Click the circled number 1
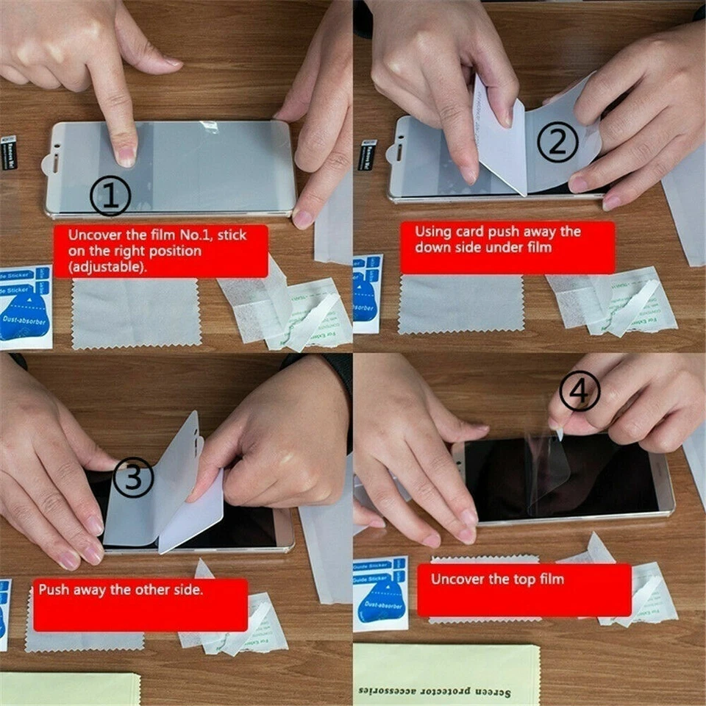click(x=110, y=196)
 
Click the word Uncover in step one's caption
click(x=92, y=236)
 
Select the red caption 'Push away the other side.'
click(x=140, y=605)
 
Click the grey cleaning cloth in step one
click(x=136, y=313)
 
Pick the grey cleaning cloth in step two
click(x=461, y=304)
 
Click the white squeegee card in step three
click(x=193, y=515)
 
